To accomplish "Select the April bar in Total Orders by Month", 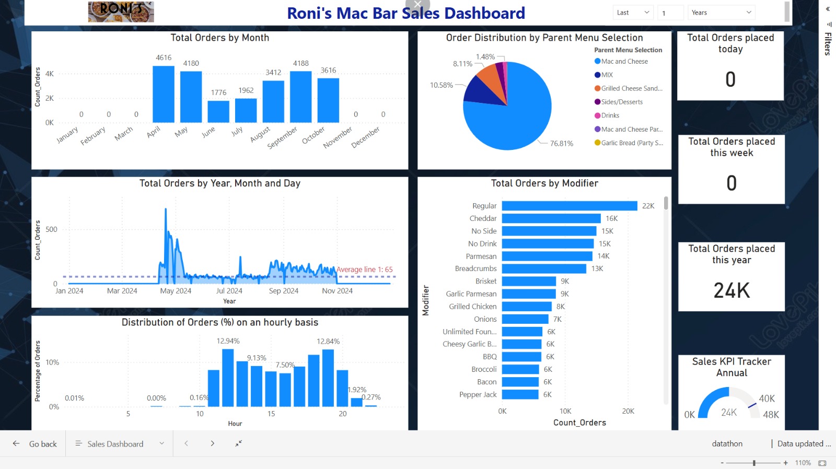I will point(164,94).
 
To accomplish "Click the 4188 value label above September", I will point(301,63).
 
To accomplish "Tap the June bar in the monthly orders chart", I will point(218,111).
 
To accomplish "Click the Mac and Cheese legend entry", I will point(624,62).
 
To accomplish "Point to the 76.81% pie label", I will point(561,144).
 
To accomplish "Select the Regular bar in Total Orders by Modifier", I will point(570,206).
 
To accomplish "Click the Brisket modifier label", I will point(486,282).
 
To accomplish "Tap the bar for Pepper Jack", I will point(520,395).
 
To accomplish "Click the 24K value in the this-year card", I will point(731,290).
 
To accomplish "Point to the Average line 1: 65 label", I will point(365,269).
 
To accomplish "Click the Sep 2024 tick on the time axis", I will point(284,291).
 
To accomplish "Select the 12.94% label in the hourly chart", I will point(228,341).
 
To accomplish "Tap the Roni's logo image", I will point(121,11).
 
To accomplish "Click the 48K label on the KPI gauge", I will point(771,415).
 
